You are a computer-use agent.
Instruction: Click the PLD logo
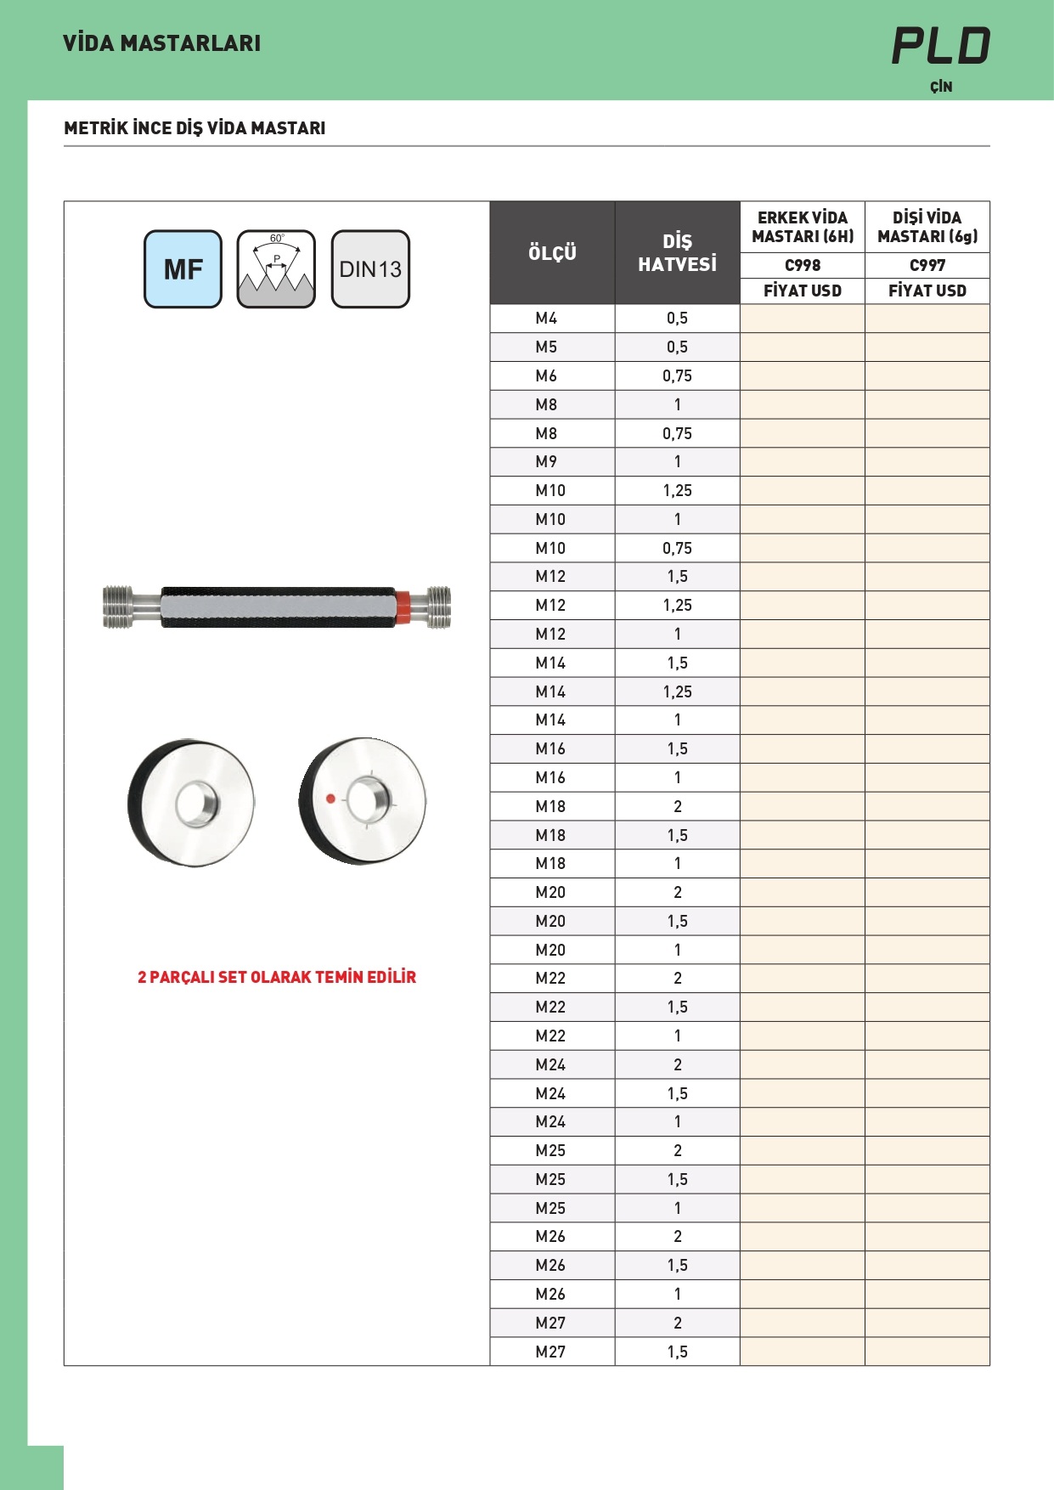(x=941, y=46)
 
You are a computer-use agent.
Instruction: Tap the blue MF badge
(x=183, y=269)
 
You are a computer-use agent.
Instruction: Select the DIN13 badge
(x=370, y=269)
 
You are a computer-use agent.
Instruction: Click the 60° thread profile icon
(x=276, y=269)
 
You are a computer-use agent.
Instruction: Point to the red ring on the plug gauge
(x=404, y=607)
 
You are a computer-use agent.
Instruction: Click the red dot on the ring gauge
(x=330, y=799)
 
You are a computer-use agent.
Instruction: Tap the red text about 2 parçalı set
(x=277, y=977)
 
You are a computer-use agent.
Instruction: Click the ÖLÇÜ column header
(x=552, y=253)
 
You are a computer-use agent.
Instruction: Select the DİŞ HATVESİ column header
(x=677, y=253)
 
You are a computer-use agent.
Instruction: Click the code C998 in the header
(x=803, y=265)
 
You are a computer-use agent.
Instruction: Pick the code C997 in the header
(x=927, y=265)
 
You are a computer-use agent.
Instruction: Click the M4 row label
(x=546, y=319)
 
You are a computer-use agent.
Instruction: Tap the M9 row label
(x=546, y=462)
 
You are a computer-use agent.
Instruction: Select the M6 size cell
(x=546, y=375)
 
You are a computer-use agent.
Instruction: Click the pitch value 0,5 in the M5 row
(x=677, y=347)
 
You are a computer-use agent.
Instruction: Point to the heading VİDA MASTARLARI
(x=162, y=43)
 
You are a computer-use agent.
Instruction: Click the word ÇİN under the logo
(x=941, y=87)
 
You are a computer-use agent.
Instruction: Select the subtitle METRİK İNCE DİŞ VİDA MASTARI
(x=194, y=128)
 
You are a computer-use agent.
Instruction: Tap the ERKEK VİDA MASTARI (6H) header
(x=803, y=227)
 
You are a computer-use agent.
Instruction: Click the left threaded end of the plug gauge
(x=118, y=607)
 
